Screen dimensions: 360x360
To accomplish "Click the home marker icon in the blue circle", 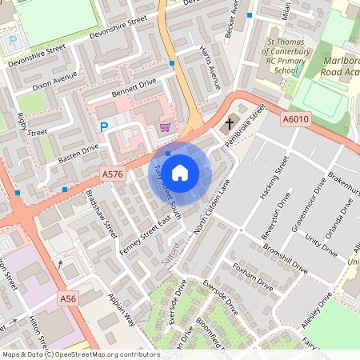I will pyautogui.click(x=180, y=172).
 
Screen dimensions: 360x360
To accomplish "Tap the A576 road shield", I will pyautogui.click(x=112, y=174).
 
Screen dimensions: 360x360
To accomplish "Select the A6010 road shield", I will pyautogui.click(x=294, y=119).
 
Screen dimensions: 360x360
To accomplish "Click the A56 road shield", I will pyautogui.click(x=69, y=298).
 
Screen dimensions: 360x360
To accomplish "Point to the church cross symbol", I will pyautogui.click(x=230, y=124).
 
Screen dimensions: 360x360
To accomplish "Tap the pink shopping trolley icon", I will pyautogui.click(x=165, y=127).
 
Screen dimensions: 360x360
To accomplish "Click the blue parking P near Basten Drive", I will pyautogui.click(x=103, y=126).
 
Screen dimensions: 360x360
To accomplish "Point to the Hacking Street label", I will pyautogui.click(x=272, y=182).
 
